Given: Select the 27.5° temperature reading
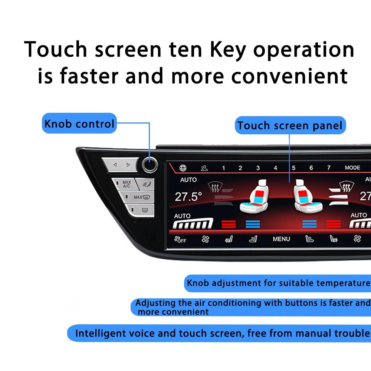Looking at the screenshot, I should [189, 197].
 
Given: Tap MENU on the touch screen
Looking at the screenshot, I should [281, 239].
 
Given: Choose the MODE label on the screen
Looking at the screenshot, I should [352, 168].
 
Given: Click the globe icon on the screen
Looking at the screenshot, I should [183, 168].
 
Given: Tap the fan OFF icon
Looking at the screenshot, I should [180, 239].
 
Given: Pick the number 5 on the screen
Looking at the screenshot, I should [293, 168].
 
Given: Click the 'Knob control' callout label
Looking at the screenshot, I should [79, 124].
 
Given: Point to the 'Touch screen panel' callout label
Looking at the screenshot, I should [290, 125].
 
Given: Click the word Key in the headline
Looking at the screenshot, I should [227, 50].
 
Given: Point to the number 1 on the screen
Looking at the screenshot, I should [223, 168].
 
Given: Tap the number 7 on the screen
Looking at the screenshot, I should [329, 168].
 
